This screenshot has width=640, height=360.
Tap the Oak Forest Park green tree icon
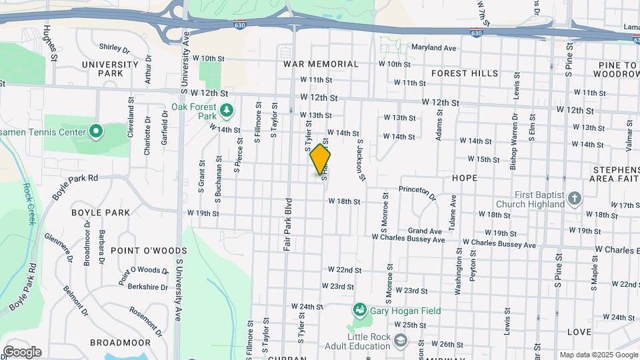click(227, 109)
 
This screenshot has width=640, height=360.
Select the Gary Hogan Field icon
click(360, 309)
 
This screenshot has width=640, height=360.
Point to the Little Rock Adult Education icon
click(400, 341)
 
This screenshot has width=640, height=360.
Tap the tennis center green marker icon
click(95, 132)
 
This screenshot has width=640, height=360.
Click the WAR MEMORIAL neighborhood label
click(321, 64)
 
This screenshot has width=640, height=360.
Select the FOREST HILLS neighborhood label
click(465, 73)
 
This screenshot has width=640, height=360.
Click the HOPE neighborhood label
click(465, 178)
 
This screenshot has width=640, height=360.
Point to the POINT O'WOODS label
click(149, 250)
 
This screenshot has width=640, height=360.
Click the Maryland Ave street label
click(433, 48)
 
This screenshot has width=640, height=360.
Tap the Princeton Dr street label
click(417, 192)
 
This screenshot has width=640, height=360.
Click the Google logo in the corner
click(21, 352)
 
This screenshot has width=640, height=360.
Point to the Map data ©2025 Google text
click(599, 355)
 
